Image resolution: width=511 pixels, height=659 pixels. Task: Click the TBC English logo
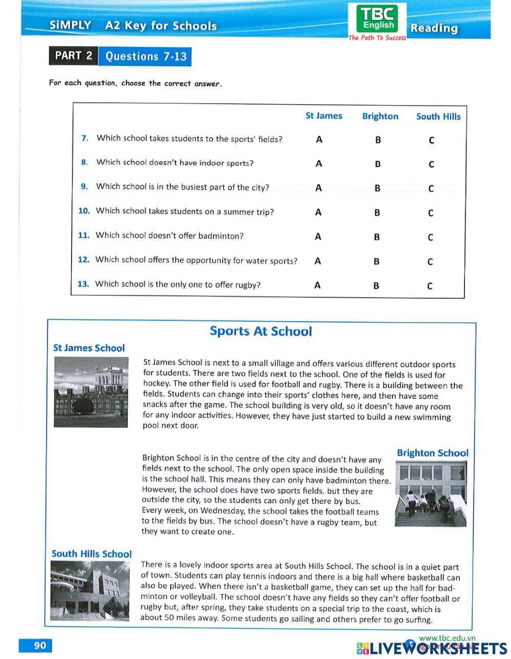coord(378,20)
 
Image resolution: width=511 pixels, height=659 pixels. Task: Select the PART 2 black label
coord(73,56)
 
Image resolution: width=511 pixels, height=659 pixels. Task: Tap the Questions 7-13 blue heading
coord(146,56)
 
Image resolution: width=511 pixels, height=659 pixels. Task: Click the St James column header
coord(323,116)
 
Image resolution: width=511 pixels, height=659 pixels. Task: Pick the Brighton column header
coord(380,116)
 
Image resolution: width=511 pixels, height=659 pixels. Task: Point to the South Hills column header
coord(438,116)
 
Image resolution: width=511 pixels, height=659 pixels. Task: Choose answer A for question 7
coord(319,139)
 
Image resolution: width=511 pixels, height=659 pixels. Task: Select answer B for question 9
coord(377,188)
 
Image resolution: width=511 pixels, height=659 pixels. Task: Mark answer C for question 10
coord(431,213)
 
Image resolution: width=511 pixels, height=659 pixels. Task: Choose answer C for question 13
coord(430,286)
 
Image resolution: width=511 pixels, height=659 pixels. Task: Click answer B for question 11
coord(377,237)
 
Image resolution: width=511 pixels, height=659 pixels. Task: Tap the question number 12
coord(83,259)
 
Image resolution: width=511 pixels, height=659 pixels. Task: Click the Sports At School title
coord(261,331)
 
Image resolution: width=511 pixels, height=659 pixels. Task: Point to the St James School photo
coord(91,392)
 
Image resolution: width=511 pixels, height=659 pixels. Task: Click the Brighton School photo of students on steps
coord(430,494)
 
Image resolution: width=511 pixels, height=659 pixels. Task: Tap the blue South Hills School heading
coord(91,554)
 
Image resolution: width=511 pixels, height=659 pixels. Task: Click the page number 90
coord(40,645)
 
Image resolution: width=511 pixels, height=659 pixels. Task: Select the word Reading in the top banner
coord(434,28)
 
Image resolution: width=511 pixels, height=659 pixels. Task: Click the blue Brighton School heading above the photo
coord(432,453)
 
